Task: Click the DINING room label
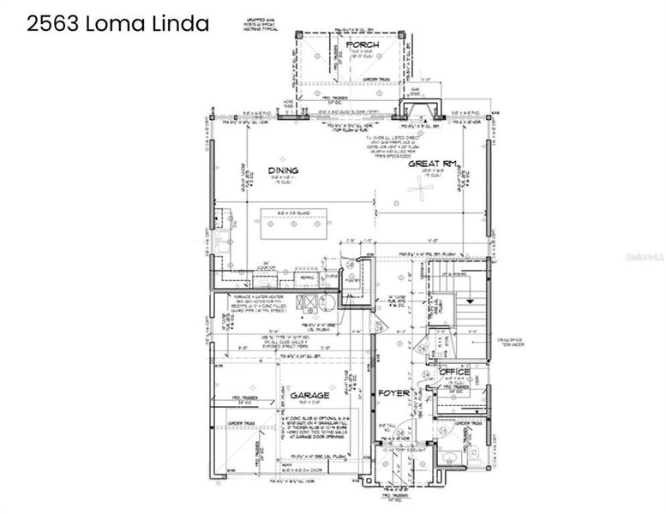coord(283,170)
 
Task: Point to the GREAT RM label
coord(430,163)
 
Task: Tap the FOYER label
coord(396,394)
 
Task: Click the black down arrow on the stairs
coord(470,301)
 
